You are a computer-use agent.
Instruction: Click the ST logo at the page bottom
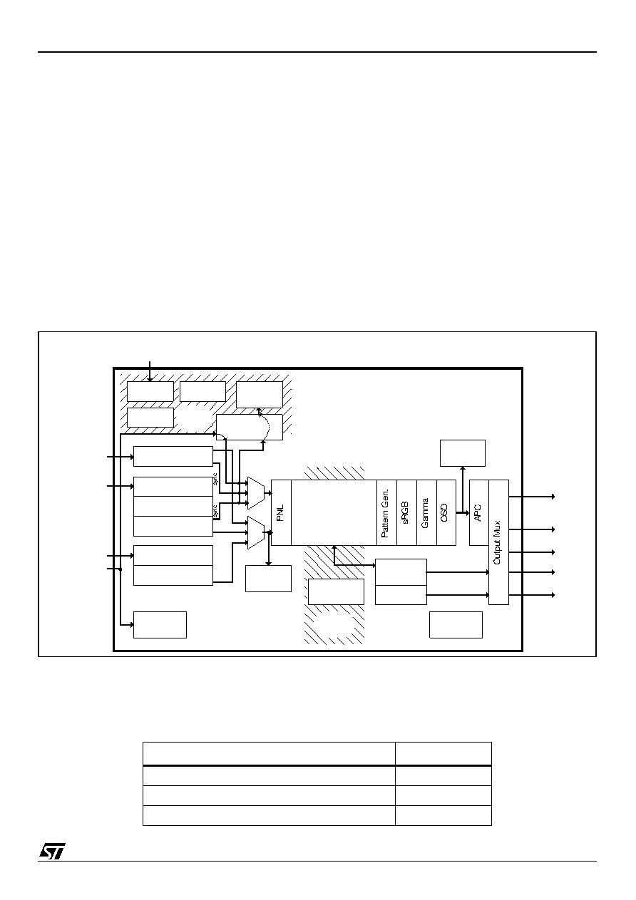(x=52, y=851)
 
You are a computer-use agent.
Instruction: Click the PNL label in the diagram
(x=281, y=512)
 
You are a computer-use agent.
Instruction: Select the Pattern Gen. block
(x=386, y=512)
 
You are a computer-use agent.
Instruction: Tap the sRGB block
(x=406, y=512)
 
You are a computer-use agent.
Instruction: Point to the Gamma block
(x=426, y=512)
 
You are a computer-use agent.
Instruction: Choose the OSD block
(x=446, y=512)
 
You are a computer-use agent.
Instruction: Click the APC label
(x=478, y=513)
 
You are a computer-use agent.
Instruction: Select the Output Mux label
(x=497, y=542)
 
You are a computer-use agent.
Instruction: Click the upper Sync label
(x=215, y=480)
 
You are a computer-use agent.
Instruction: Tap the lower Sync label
(x=215, y=511)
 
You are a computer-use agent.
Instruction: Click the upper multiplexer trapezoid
(x=256, y=493)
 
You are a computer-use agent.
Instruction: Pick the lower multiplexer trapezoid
(x=256, y=532)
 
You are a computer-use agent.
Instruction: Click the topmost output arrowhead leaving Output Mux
(x=553, y=497)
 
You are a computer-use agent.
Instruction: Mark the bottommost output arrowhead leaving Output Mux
(x=553, y=594)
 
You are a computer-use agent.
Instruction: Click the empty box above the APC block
(x=462, y=453)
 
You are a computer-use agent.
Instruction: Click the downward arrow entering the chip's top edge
(x=150, y=371)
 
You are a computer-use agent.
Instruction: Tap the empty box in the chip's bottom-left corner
(x=160, y=625)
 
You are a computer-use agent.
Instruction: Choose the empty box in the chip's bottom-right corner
(x=456, y=625)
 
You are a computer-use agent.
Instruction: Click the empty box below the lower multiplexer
(x=268, y=579)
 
